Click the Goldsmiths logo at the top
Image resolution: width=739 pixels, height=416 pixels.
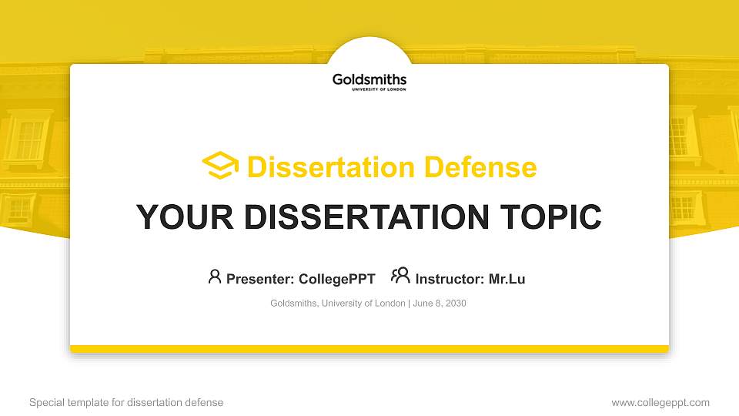tap(369, 81)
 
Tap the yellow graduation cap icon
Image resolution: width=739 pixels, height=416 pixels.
tap(220, 166)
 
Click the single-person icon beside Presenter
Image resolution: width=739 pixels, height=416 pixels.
tap(215, 277)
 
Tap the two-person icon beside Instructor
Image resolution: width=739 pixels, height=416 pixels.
tap(400, 277)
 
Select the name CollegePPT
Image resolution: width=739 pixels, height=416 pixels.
tap(337, 279)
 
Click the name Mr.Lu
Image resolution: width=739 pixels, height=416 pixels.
tap(507, 279)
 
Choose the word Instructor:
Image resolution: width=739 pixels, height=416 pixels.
tap(450, 279)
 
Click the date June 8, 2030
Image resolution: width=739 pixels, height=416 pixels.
tap(440, 304)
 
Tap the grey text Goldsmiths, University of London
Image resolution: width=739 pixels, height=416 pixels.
tap(337, 304)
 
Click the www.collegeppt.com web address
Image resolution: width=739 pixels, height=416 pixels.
tap(660, 402)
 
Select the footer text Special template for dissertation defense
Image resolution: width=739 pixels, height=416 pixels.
tap(126, 402)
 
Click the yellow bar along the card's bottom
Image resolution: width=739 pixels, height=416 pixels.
tap(369, 349)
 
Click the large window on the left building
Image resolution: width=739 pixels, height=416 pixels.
tap(28, 139)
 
